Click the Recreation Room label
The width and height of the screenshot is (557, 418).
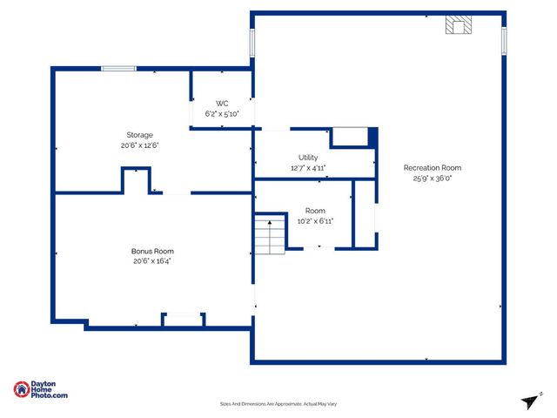pos(432,168)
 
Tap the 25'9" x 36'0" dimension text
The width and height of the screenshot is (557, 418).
pos(432,179)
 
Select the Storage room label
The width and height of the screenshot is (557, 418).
pos(140,135)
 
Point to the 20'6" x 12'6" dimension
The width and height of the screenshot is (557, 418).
pos(140,145)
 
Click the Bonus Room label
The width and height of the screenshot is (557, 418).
pos(152,251)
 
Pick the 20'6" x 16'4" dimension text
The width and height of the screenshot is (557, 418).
pos(152,261)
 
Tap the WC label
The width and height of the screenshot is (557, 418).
pos(222,104)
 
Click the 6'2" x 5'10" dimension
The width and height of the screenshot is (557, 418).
pos(222,114)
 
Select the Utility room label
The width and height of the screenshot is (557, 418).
pos(308,158)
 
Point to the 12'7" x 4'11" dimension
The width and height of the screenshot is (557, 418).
pos(308,168)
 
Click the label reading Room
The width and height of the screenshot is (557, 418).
pos(314,211)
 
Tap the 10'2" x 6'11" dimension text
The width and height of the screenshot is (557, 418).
pos(314,221)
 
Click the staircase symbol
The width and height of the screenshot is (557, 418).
pos(271,233)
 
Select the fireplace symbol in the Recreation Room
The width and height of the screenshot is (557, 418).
pos(459,25)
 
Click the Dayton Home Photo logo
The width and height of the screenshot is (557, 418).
pos(41,390)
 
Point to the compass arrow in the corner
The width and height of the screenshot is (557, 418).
pos(530,401)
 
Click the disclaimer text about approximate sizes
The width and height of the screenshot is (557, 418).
pos(278,404)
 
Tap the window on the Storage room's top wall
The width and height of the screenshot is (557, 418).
pos(117,69)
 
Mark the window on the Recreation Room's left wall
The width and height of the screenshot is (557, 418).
pos(253,42)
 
